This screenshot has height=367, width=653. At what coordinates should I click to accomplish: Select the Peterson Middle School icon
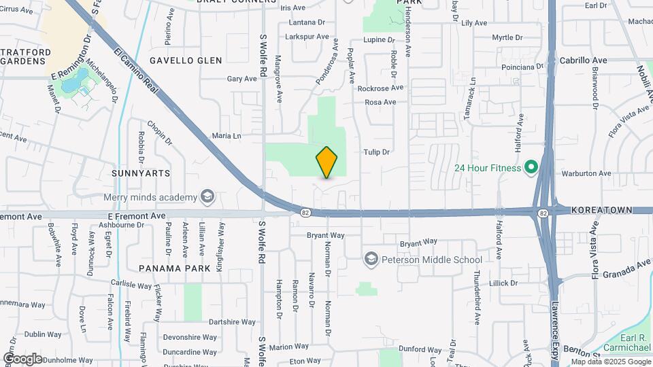click(371, 259)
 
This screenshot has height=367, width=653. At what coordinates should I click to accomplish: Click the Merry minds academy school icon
click(207, 198)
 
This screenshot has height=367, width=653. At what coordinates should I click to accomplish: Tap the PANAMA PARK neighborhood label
click(175, 268)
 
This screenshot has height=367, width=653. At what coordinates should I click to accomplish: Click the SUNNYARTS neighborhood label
click(141, 173)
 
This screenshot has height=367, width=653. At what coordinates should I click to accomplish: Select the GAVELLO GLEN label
click(186, 60)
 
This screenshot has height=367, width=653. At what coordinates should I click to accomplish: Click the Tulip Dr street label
click(376, 152)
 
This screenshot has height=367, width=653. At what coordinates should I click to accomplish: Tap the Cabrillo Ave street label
click(583, 60)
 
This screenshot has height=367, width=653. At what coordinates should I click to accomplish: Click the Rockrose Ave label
click(380, 88)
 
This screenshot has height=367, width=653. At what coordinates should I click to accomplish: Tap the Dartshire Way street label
click(232, 322)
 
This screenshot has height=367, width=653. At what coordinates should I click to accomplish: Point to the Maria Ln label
click(227, 136)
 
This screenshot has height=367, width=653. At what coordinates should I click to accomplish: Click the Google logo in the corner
click(22, 358)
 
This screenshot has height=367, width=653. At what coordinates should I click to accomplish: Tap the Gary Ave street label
click(241, 79)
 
